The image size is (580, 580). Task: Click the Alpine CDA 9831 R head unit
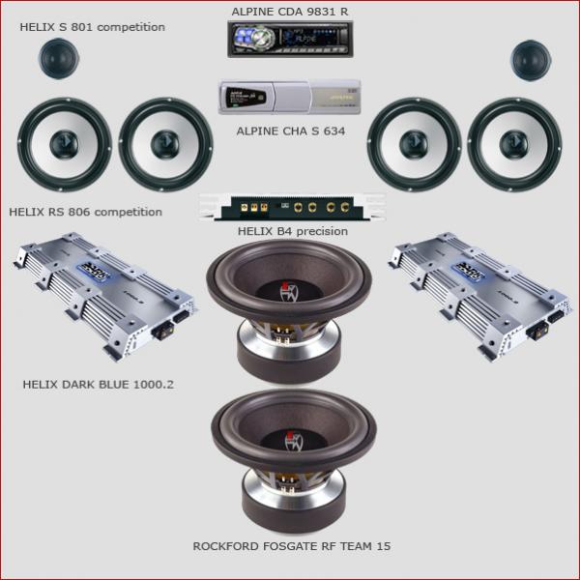(290, 40)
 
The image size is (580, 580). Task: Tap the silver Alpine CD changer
(290, 97)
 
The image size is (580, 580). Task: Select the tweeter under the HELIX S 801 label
(59, 58)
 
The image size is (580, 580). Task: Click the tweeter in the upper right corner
(531, 60)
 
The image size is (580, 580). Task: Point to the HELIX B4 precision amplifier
(292, 207)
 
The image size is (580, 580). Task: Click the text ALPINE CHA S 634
(291, 131)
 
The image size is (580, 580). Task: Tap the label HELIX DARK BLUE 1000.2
(98, 385)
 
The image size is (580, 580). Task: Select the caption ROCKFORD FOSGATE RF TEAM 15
(292, 546)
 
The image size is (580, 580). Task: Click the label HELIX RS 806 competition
(85, 212)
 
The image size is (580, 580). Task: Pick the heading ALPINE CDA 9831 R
(290, 12)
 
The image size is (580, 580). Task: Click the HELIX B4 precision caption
(293, 231)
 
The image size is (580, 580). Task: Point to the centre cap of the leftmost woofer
(64, 144)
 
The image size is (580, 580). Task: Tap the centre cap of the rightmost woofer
(514, 144)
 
